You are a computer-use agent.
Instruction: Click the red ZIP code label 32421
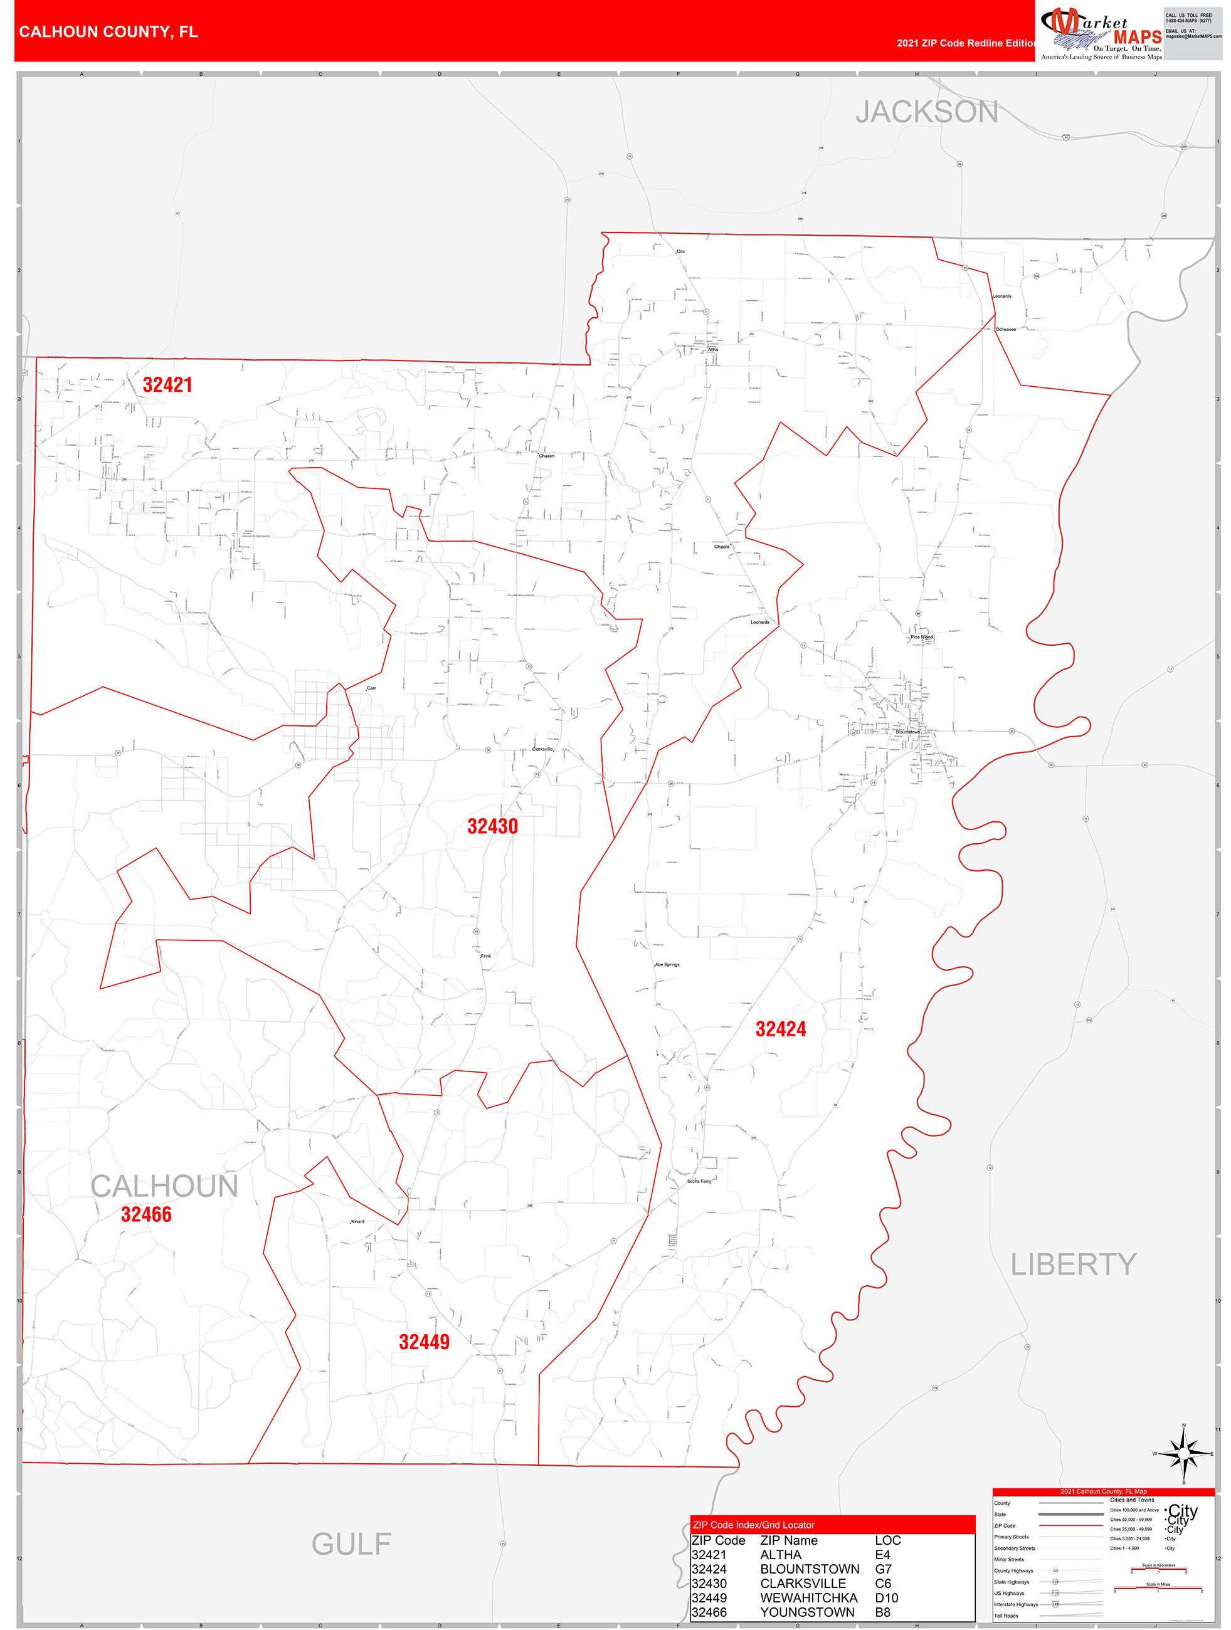[167, 385]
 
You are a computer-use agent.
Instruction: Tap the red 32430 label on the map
[492, 826]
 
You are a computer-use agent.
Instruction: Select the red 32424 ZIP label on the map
[781, 1029]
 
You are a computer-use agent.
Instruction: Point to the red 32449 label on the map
[424, 1342]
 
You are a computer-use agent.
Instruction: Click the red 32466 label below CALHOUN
[146, 1214]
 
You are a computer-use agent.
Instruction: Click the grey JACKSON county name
[927, 112]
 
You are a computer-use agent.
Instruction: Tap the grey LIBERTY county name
[1073, 1265]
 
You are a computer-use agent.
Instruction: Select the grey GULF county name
[351, 1543]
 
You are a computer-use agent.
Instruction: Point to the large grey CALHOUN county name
[164, 1186]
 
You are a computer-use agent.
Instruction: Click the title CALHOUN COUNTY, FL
[108, 32]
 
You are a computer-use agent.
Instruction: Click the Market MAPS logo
[1100, 34]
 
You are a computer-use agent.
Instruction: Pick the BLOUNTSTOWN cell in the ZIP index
[810, 1569]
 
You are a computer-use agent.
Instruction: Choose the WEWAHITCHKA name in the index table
[808, 1597]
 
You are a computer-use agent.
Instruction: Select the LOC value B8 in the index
[883, 1612]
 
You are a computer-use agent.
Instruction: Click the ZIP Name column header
[789, 1540]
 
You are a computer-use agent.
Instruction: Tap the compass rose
[1184, 1453]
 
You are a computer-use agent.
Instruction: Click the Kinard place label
[357, 1221]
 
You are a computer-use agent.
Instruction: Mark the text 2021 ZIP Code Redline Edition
[966, 43]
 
